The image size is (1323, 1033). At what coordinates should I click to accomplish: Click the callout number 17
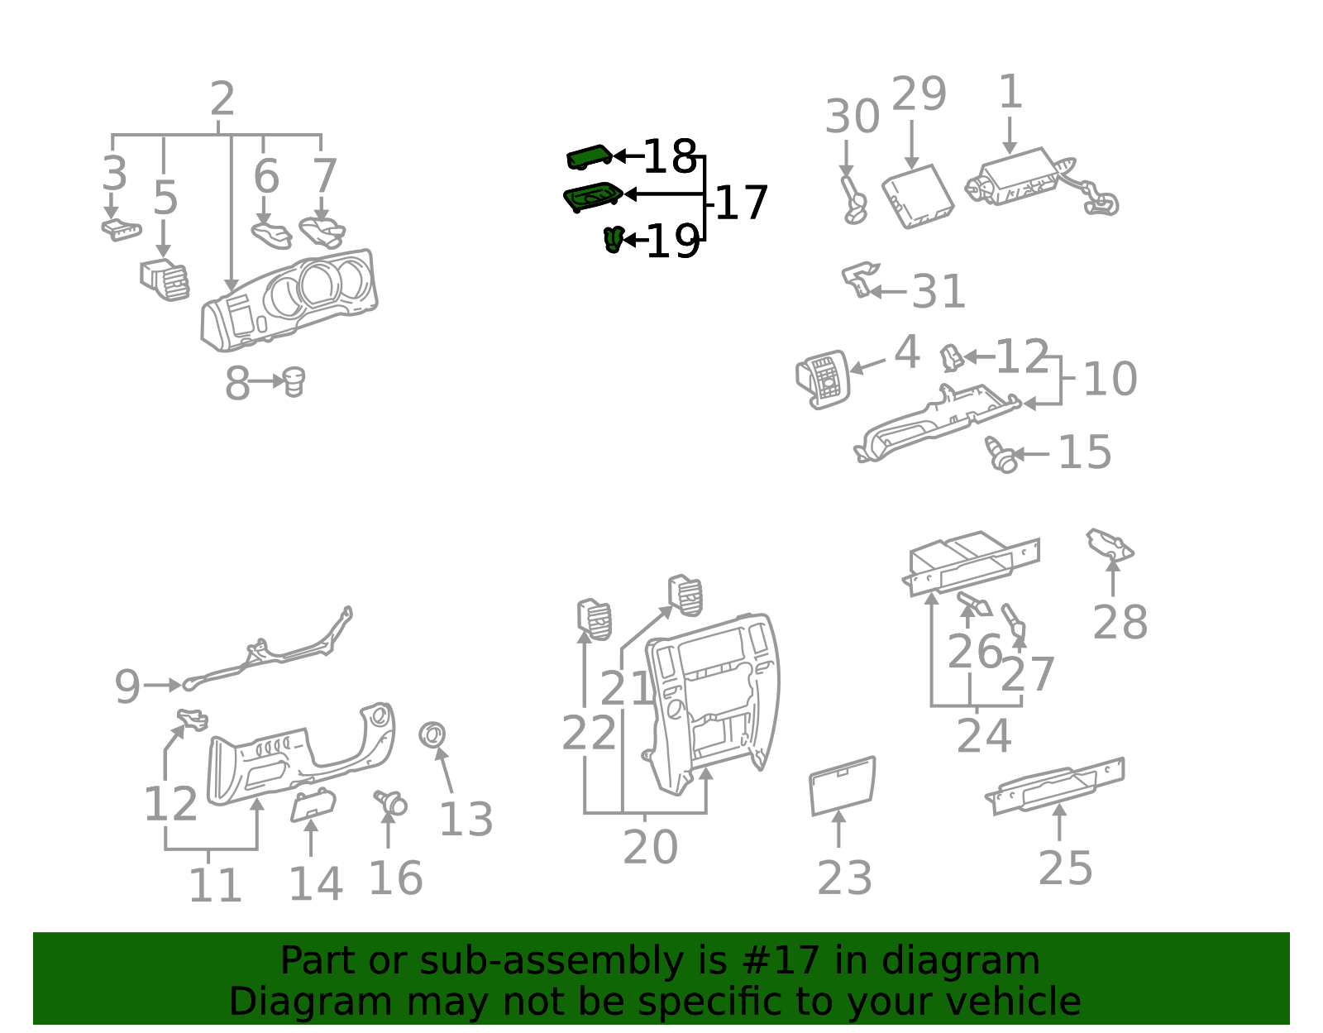[x=742, y=203]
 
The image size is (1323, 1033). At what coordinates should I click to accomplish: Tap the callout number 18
[x=670, y=156]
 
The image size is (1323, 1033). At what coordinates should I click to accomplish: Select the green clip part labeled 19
[x=614, y=239]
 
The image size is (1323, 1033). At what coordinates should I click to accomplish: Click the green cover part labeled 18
[x=589, y=157]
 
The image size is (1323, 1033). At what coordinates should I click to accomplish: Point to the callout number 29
[x=919, y=93]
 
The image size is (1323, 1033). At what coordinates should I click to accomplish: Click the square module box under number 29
[x=918, y=197]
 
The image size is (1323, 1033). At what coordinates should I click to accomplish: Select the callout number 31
[x=939, y=292]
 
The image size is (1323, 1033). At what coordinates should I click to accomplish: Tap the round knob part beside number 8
[x=294, y=381]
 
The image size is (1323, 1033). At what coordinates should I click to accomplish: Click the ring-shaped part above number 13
[x=432, y=735]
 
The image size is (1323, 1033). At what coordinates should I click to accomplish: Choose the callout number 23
[x=845, y=878]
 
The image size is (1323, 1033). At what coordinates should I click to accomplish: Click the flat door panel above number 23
[x=843, y=786]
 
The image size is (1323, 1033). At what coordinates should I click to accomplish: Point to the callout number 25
[x=1066, y=868]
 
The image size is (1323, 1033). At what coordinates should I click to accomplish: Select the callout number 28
[x=1120, y=623]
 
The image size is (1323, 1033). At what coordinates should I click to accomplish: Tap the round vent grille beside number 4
[x=823, y=379]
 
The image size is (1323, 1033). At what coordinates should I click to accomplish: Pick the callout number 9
[x=127, y=686]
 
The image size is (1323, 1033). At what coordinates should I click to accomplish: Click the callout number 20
[x=650, y=847]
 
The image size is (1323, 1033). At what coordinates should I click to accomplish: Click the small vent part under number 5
[x=165, y=280]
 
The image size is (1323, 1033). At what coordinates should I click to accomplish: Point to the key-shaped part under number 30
[x=853, y=199]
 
